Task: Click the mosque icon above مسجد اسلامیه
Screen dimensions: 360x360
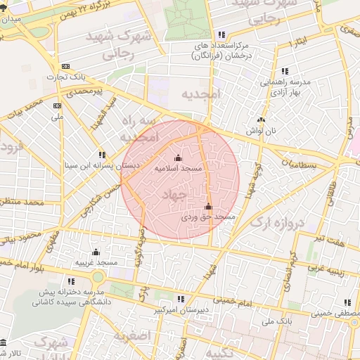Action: [x=177, y=157]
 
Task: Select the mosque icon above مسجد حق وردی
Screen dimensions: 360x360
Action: [x=207, y=207]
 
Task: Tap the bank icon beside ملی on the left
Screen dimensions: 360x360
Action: [x=58, y=105]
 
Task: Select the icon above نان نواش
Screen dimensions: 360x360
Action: [x=261, y=120]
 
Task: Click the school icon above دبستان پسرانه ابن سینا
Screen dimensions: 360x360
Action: [x=102, y=155]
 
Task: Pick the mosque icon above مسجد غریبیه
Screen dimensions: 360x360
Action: [x=96, y=252]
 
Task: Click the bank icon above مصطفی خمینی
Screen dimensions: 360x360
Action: [x=347, y=302]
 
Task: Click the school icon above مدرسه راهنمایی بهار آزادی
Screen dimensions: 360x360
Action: [x=285, y=71]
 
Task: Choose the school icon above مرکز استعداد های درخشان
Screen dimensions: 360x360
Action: [x=222, y=34]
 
